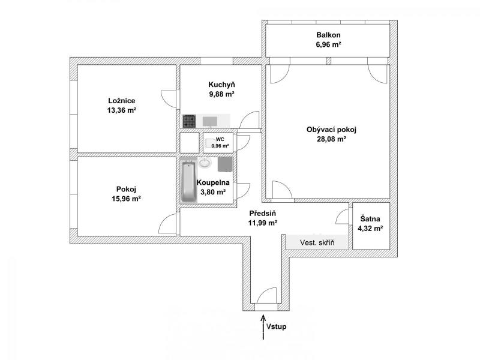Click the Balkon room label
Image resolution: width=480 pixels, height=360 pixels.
(328, 35)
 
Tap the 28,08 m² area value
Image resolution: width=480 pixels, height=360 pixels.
(332, 139)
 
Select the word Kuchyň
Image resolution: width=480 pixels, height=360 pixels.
(221, 85)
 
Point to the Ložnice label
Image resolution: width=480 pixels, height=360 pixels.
(122, 101)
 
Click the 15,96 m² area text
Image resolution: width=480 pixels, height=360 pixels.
(126, 199)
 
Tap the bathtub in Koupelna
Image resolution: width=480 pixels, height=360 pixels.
(189, 182)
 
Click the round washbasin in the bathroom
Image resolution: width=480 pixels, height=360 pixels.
(205, 163)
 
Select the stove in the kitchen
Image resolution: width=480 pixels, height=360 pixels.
(189, 121)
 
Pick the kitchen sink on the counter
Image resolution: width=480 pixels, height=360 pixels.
(210, 121)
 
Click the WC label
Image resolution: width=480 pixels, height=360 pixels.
(220, 140)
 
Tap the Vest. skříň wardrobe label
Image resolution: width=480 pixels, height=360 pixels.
(317, 243)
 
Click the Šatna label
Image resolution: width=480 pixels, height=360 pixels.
(370, 219)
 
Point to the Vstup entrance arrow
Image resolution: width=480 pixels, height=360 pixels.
(263, 327)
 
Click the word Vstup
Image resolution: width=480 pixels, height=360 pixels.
(276, 326)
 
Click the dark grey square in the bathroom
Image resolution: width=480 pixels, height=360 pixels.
(225, 164)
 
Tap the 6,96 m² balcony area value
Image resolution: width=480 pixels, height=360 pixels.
(328, 44)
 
